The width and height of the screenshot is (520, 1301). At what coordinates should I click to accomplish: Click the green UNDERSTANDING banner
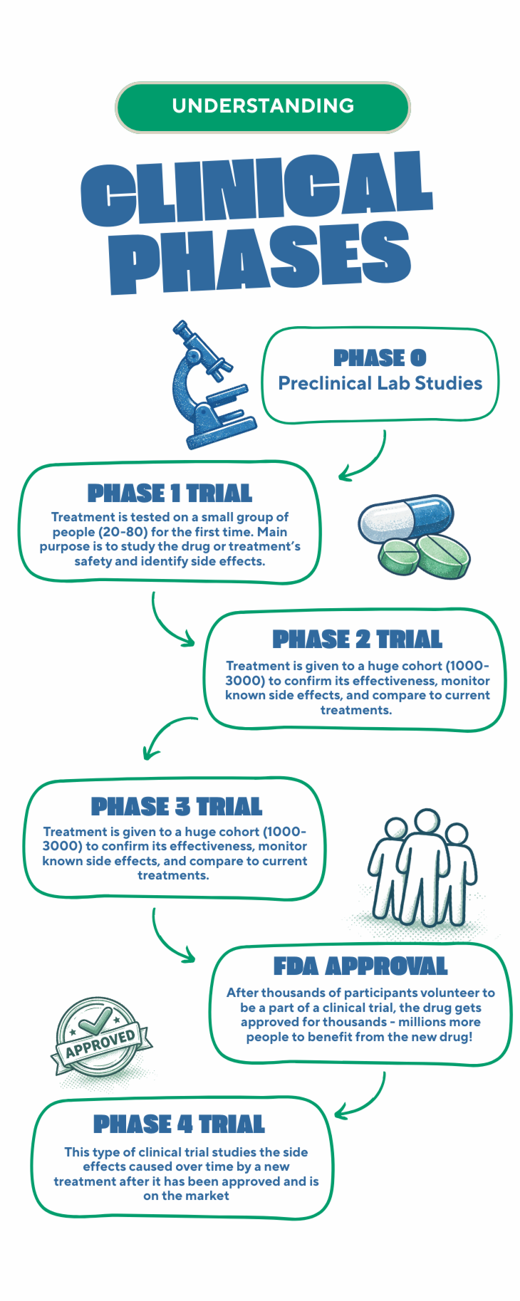point(262,107)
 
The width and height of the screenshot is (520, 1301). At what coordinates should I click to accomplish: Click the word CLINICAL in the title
point(256,189)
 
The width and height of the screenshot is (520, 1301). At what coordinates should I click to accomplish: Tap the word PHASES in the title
point(260,258)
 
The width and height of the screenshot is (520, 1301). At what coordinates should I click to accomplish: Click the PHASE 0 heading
point(380,357)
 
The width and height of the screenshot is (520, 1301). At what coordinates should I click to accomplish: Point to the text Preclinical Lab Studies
point(380,384)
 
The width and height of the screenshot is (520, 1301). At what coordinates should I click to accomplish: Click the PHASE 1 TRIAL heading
point(170,493)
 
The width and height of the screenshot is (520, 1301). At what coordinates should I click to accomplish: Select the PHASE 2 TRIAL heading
point(357,639)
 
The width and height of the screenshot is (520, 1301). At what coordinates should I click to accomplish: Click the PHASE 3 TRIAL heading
point(176,806)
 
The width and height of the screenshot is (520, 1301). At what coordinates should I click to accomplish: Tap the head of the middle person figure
point(426,821)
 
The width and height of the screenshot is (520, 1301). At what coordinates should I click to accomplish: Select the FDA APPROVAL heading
point(360,966)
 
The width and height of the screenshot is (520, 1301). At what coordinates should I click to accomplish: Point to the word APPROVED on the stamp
point(100,1043)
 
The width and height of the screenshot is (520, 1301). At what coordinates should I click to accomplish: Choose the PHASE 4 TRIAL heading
point(179,1124)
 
